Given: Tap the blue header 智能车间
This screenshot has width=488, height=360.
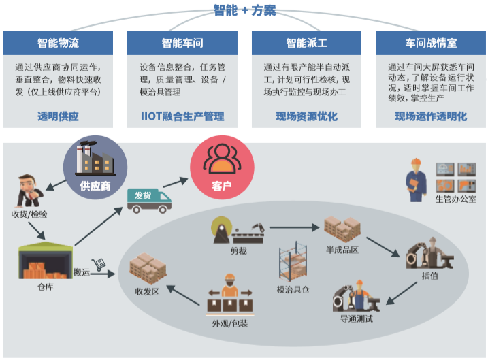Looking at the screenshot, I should click(x=182, y=43).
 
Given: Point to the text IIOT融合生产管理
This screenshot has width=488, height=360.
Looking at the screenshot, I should click(x=182, y=116).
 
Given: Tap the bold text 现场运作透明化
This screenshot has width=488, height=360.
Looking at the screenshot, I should click(x=431, y=116).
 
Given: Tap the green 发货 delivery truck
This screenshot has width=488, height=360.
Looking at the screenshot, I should click(x=149, y=198).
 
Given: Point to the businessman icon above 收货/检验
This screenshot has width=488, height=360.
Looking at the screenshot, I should click(x=29, y=190).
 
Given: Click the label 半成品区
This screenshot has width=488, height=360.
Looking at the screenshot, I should click(x=342, y=250).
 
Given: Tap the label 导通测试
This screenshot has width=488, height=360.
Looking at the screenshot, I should click(x=357, y=318).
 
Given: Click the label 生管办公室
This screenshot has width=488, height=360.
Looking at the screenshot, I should click(x=455, y=199).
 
